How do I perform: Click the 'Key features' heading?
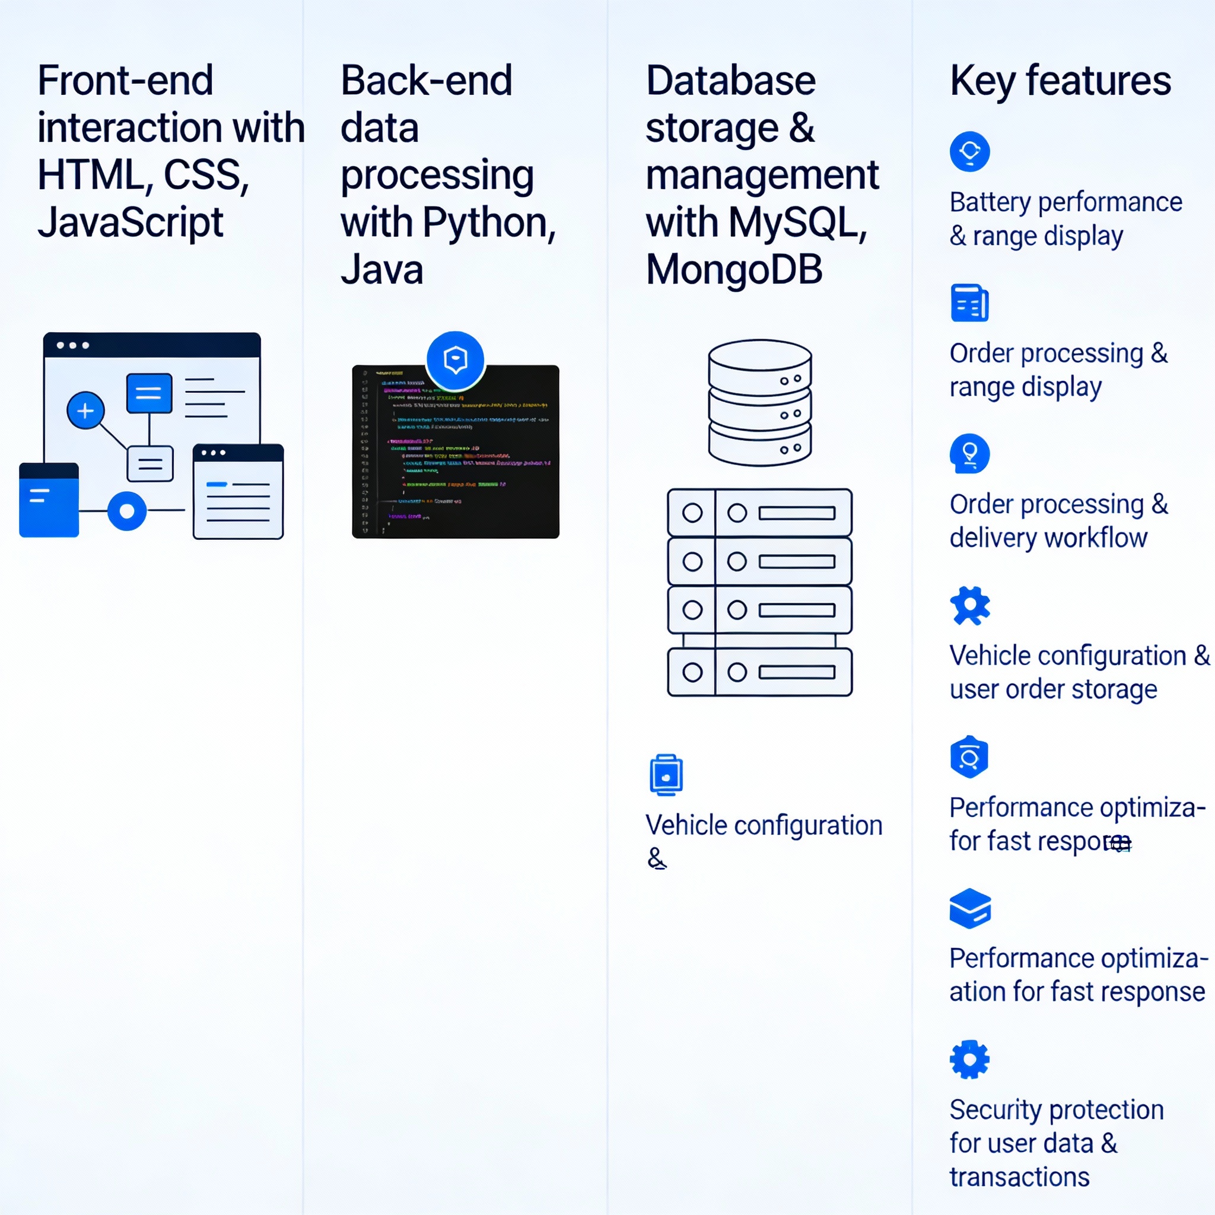[x=1060, y=81]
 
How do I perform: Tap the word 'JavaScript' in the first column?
[x=130, y=222]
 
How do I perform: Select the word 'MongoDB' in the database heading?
[x=734, y=270]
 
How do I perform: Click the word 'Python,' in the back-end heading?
[x=489, y=222]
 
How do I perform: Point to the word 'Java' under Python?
[x=381, y=270]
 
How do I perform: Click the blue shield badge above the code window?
[x=455, y=360]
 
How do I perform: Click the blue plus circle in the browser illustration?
[x=85, y=411]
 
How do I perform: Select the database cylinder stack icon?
[x=760, y=402]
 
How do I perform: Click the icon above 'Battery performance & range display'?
[x=969, y=151]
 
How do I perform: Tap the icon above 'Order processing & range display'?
[x=969, y=303]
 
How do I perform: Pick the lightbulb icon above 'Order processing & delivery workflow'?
[x=969, y=453]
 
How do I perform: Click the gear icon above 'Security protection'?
[x=969, y=1060]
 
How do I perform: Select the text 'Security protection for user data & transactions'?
[x=1057, y=1143]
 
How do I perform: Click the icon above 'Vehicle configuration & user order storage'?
[x=970, y=606]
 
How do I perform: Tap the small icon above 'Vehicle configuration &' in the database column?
[x=666, y=775]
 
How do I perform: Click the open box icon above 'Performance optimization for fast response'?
[x=970, y=908]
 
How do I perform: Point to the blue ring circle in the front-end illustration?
[x=127, y=511]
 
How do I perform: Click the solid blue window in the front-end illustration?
[x=49, y=500]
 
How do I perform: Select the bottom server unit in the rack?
[x=760, y=672]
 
